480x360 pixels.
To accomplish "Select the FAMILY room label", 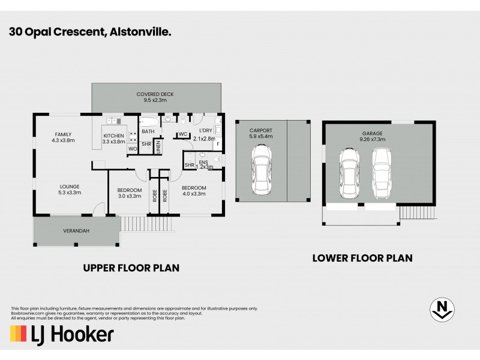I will point(63,137).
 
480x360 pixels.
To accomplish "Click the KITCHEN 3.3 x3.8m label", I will point(114,139).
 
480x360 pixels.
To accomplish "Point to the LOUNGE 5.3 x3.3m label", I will point(70,189).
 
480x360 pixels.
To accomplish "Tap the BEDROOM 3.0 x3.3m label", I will point(128,193).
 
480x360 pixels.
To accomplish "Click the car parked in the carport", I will point(261,173).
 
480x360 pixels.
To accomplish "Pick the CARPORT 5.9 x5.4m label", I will point(261,133).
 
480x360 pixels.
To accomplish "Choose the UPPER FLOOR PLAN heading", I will point(131,268).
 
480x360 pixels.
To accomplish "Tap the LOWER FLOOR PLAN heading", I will point(362,258).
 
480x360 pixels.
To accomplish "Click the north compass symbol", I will point(442,309).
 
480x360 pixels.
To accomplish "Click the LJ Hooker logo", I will point(61,334).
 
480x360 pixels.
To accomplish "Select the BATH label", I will point(148,131).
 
